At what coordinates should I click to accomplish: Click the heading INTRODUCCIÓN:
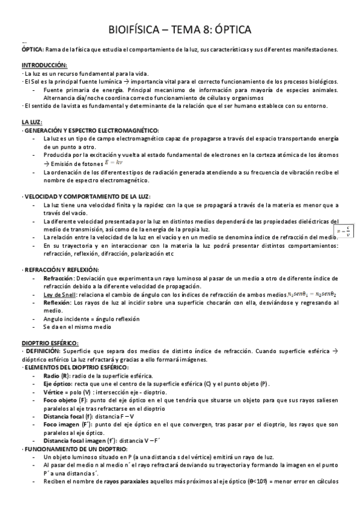pyautogui.click(x=44, y=65)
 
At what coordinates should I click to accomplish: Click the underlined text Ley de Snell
pyautogui.click(x=62, y=295)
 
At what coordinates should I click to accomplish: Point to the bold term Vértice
pyautogui.click(x=55, y=392)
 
